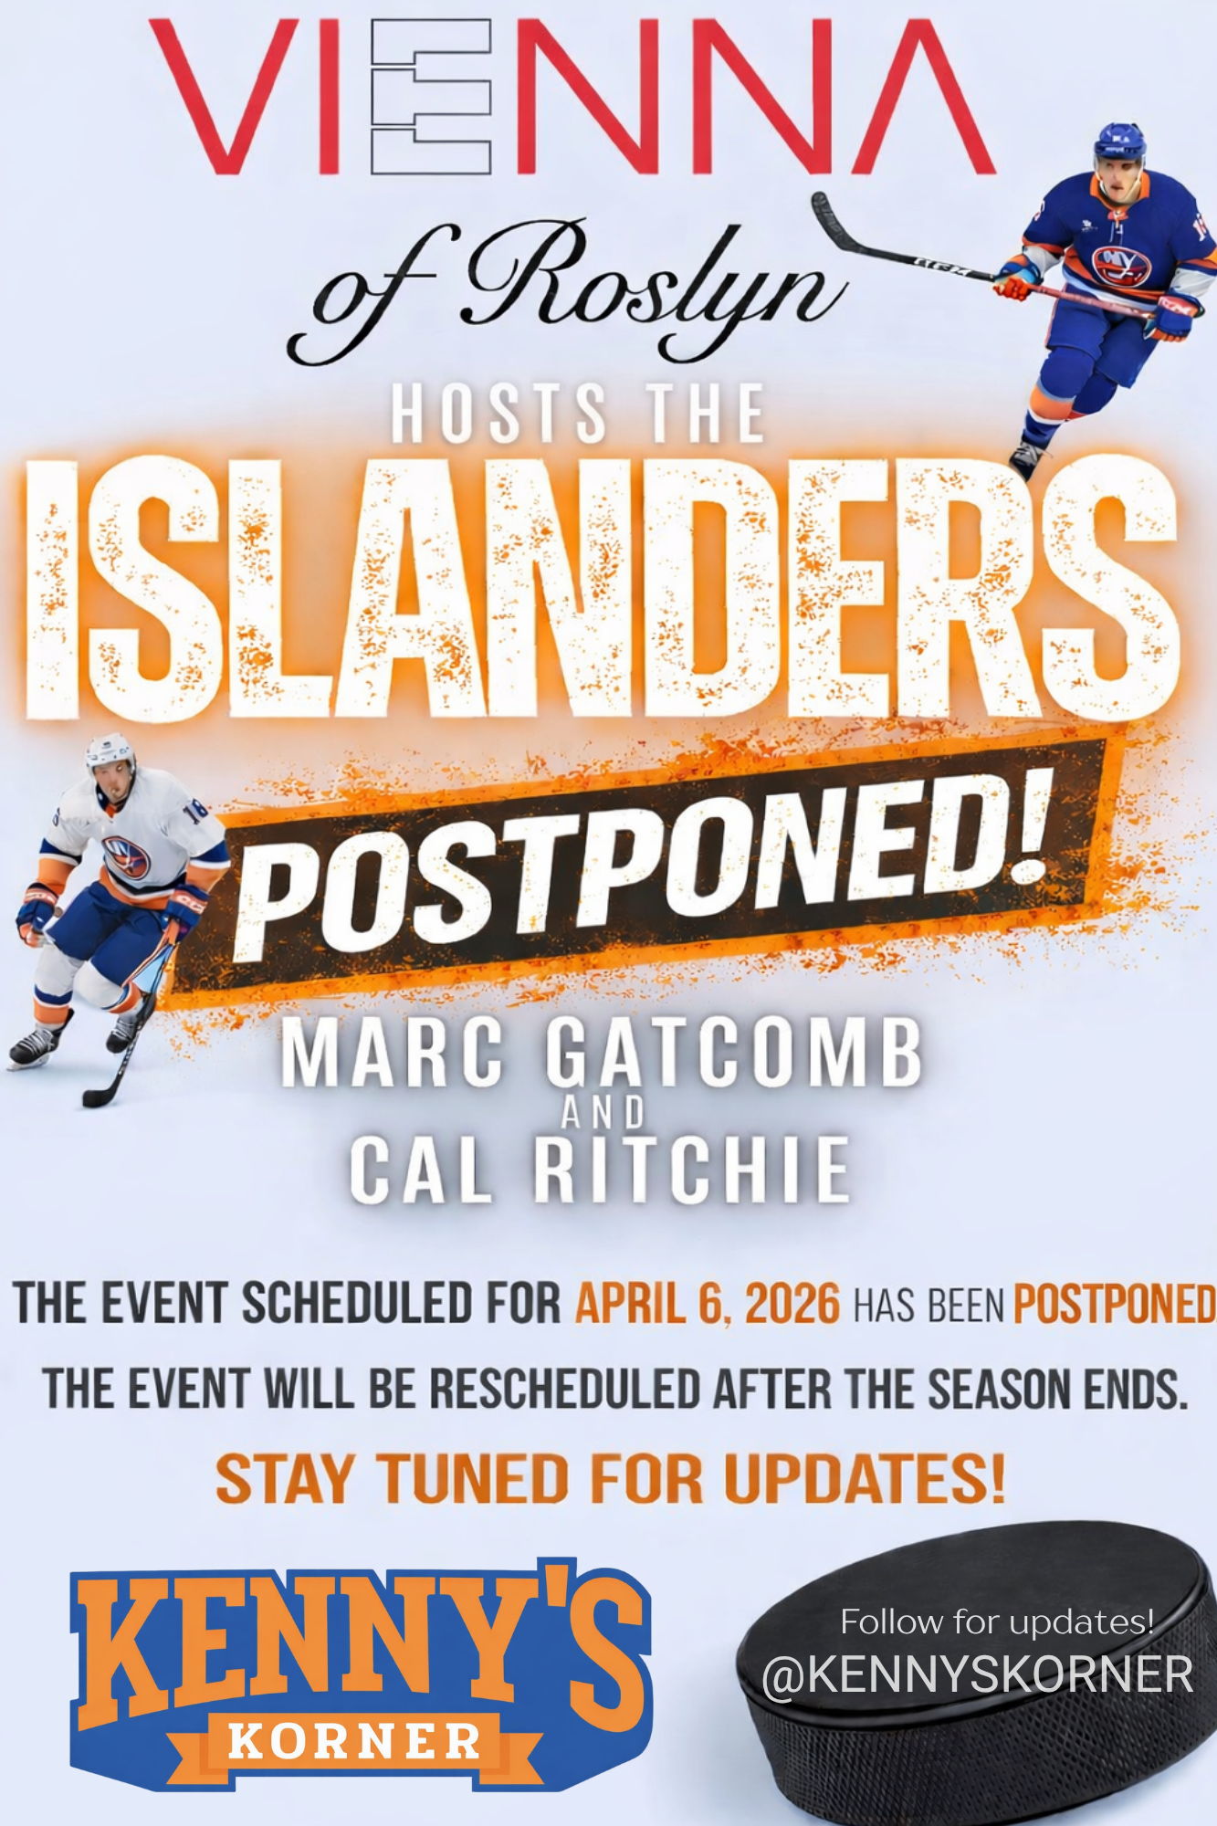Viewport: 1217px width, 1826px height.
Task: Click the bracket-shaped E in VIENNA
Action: [x=431, y=98]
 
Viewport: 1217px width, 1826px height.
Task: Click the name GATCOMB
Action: [x=735, y=1054]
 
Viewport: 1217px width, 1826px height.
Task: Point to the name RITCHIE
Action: [x=691, y=1170]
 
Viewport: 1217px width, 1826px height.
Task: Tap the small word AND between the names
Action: [x=603, y=1113]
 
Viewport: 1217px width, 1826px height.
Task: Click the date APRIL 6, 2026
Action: [x=707, y=1304]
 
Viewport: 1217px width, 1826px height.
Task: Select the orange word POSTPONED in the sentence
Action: [x=1114, y=1304]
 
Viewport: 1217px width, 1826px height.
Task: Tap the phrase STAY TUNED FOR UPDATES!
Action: [x=610, y=1479]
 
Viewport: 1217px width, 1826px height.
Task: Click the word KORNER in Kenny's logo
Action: [x=354, y=1741]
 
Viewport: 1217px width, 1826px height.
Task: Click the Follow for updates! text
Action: [x=997, y=1622]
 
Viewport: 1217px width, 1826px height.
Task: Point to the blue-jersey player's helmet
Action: [x=1119, y=142]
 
